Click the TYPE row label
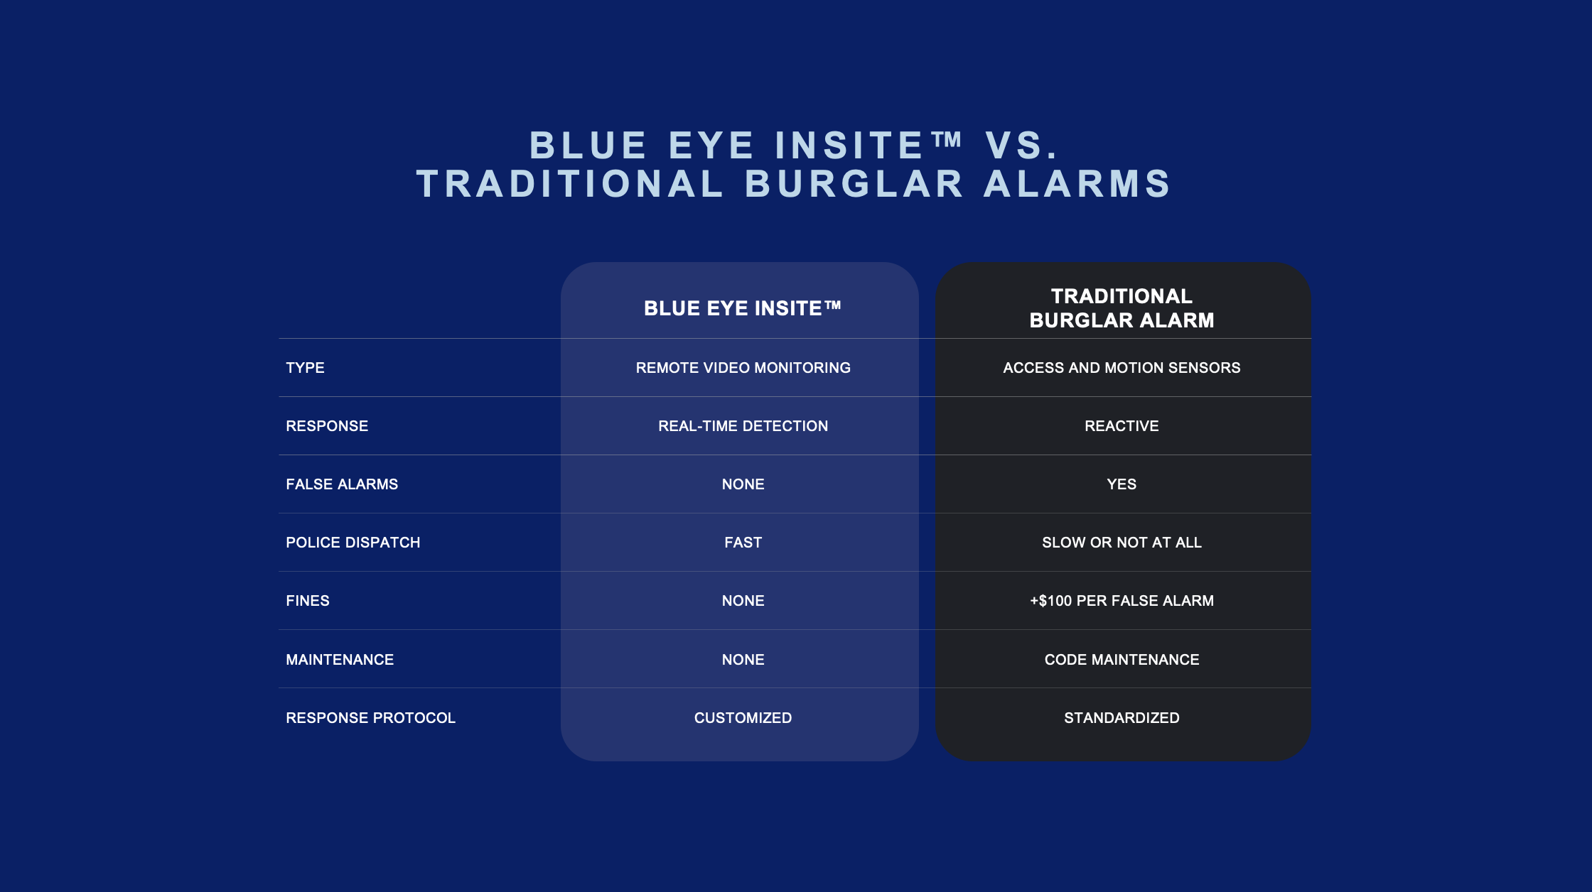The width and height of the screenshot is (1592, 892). tap(305, 368)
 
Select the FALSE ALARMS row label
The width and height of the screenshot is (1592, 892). tap(342, 484)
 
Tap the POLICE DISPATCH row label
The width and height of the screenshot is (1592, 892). tap(353, 543)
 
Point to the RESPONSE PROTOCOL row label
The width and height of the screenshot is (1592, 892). tap(370, 718)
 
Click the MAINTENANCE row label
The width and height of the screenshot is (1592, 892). tap(340, 660)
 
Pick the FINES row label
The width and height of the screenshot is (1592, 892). tap(308, 601)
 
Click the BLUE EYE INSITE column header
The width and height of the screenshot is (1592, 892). tap(743, 308)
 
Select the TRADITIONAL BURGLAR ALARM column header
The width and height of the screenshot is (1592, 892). tap(1122, 308)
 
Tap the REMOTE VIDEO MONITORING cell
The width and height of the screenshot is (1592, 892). tap(743, 368)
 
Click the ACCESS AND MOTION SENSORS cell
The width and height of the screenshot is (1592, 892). tap(1122, 368)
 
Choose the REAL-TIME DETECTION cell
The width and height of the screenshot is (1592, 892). tap(743, 426)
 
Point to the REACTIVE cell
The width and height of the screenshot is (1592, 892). tap(1122, 426)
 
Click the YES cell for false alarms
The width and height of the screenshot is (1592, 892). tap(1122, 484)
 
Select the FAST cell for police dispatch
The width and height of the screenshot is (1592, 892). tap(743, 543)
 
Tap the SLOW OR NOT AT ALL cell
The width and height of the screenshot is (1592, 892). tap(1122, 543)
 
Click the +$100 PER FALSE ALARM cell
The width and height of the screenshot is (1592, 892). tap(1122, 601)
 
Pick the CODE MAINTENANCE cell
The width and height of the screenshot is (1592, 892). tap(1122, 660)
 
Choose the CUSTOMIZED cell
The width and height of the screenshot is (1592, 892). tap(743, 718)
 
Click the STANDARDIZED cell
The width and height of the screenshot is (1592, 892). tap(1122, 718)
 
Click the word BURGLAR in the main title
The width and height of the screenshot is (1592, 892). tap(855, 184)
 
